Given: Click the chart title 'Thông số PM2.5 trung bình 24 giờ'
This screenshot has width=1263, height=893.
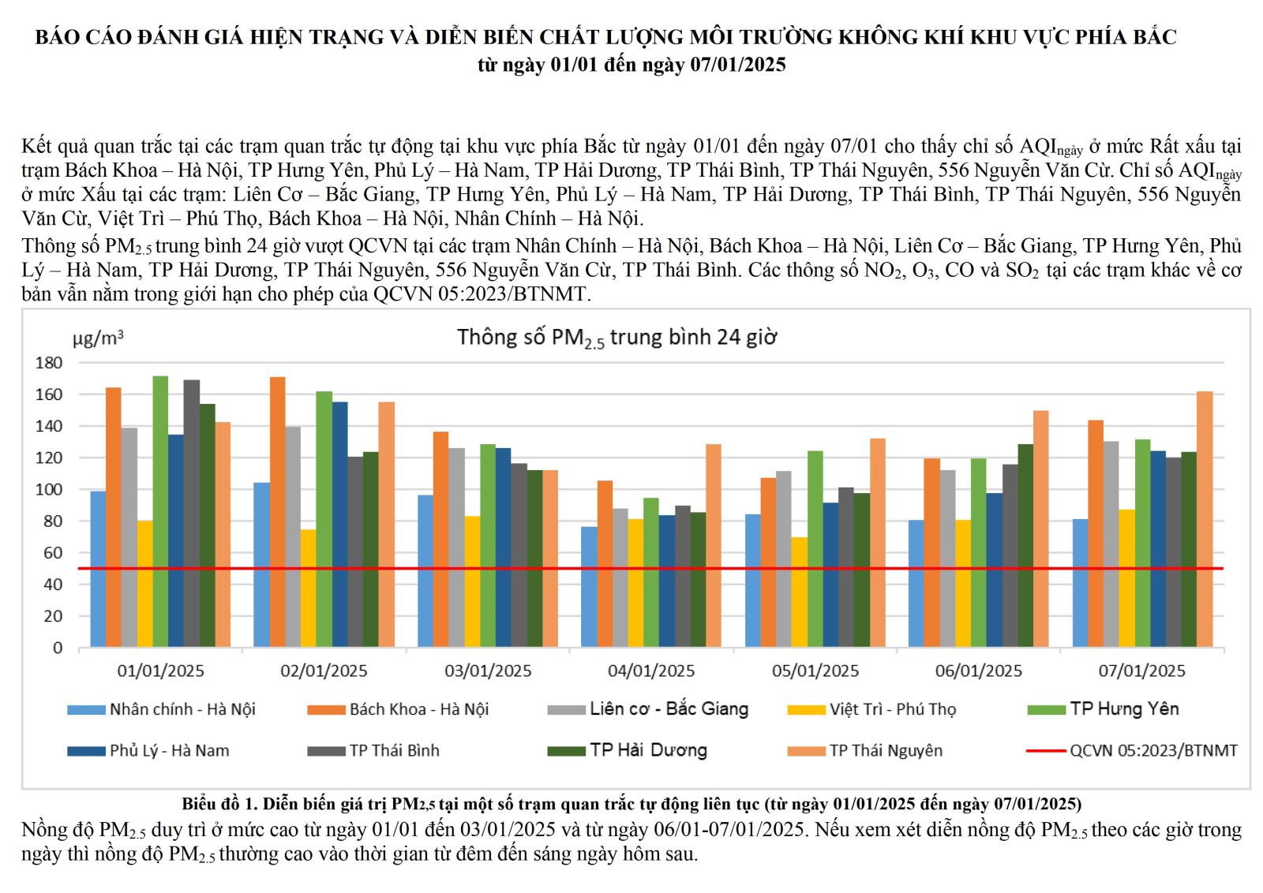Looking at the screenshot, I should pyautogui.click(x=617, y=338).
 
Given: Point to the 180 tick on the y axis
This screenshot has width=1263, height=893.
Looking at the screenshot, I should pyautogui.click(x=49, y=363).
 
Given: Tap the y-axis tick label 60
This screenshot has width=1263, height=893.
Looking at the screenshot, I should pyautogui.click(x=52, y=553).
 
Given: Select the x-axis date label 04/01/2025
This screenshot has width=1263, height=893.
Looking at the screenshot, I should pyautogui.click(x=651, y=671).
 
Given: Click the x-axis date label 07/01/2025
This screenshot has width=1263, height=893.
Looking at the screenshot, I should pyautogui.click(x=1141, y=671).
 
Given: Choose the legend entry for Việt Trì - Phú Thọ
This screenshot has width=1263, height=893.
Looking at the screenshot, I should pyautogui.click(x=892, y=709).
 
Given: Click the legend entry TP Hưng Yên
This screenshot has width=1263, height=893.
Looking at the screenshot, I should pyautogui.click(x=1124, y=709).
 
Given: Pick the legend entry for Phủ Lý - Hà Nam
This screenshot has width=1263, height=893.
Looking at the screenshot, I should pyautogui.click(x=169, y=751).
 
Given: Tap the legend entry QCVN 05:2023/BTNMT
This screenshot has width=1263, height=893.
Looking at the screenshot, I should pyautogui.click(x=1153, y=751).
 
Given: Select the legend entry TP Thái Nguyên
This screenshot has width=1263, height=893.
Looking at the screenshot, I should pyautogui.click(x=886, y=751).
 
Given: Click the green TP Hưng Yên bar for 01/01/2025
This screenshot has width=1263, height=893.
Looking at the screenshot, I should pyautogui.click(x=160, y=513).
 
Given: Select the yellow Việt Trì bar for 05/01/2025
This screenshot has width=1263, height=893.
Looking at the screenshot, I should pyautogui.click(x=799, y=593).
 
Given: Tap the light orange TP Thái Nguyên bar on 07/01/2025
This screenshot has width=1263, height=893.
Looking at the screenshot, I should pyautogui.click(x=1204, y=521).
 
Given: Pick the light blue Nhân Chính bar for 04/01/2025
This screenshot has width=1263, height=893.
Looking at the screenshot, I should pyautogui.click(x=589, y=588).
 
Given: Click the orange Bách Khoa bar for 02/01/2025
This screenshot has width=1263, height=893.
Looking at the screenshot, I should pyautogui.click(x=277, y=513).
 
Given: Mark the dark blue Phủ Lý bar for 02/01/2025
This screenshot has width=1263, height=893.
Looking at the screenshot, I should pyautogui.click(x=339, y=525).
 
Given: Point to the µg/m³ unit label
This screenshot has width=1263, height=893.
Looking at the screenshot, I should pyautogui.click(x=98, y=339).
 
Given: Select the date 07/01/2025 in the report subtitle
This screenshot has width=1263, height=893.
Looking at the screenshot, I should pyautogui.click(x=738, y=65).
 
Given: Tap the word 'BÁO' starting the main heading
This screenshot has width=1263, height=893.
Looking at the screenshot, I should pyautogui.click(x=54, y=37).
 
